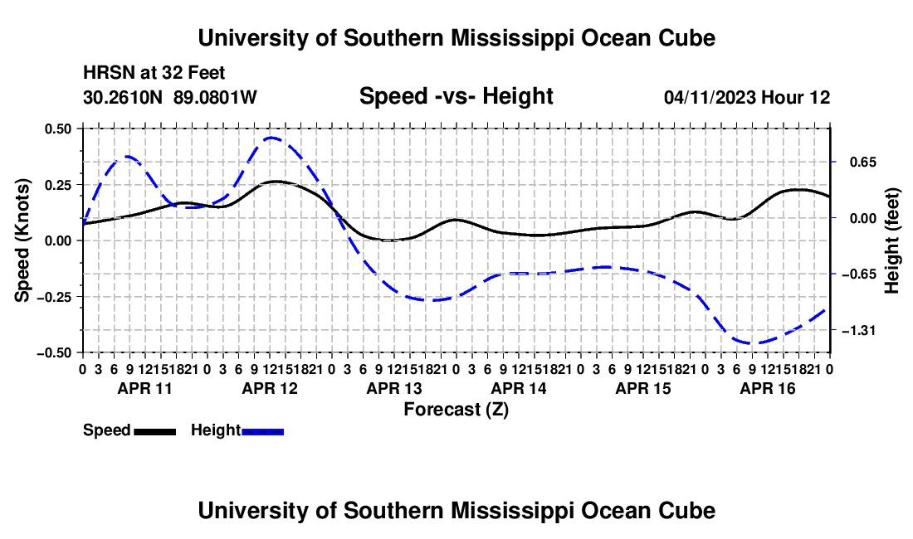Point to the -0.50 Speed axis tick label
[54, 353]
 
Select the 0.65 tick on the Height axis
[863, 163]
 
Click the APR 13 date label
[394, 388]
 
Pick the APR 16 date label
[768, 388]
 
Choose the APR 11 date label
[145, 388]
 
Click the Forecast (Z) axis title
[456, 410]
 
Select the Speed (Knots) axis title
[22, 240]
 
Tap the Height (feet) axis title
[892, 240]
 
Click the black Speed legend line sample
[155, 431]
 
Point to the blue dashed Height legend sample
[262, 431]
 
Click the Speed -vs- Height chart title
[456, 96]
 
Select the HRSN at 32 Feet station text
[154, 73]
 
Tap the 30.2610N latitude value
[122, 97]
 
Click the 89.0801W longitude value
[215, 97]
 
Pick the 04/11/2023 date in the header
[710, 97]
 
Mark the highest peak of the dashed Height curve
[272, 138]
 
